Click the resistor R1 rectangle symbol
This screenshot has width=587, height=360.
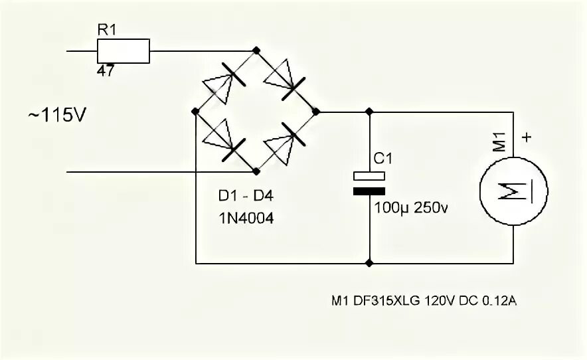124,50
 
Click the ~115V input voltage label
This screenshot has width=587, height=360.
57,115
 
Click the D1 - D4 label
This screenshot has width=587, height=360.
246,197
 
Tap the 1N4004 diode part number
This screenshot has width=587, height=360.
246,217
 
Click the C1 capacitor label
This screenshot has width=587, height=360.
384,159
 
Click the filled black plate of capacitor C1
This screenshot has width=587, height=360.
369,191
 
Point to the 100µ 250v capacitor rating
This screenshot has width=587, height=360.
412,208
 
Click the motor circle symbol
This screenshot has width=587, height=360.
514,191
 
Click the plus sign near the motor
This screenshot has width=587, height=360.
528,138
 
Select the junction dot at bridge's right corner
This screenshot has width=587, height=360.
315,112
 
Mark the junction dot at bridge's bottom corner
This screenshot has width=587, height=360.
256,171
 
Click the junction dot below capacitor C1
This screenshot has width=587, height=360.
369,263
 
